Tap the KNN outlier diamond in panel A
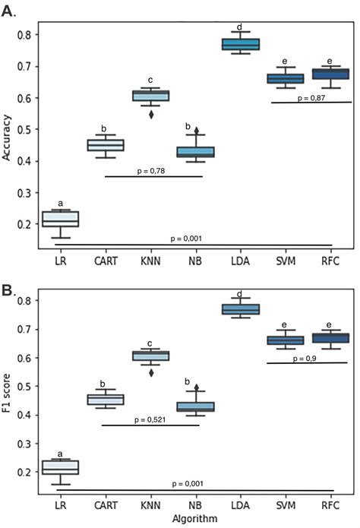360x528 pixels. tap(150, 115)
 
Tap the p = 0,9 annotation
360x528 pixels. tap(314, 356)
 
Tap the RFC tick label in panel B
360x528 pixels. tap(331, 504)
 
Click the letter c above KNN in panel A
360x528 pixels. tap(150, 81)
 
